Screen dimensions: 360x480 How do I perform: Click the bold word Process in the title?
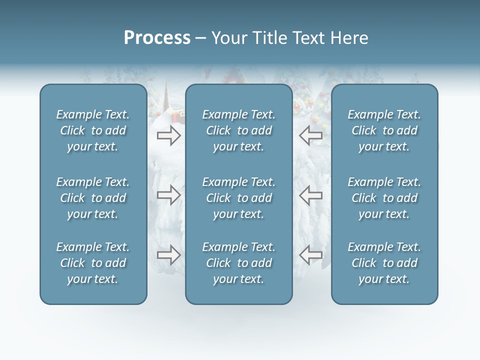[x=157, y=38]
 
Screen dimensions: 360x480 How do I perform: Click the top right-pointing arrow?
[x=168, y=135]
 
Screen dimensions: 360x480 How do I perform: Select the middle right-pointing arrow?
[x=168, y=195]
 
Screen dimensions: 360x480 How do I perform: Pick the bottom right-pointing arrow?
[x=168, y=255]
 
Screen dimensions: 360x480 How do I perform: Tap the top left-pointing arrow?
[x=310, y=135]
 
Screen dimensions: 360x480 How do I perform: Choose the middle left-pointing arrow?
[x=310, y=195]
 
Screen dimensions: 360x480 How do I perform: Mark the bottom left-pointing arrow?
[x=310, y=255]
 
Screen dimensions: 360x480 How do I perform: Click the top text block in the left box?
[x=93, y=130]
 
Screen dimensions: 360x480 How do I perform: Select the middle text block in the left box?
[x=93, y=198]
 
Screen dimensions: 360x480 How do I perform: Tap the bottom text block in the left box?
[x=93, y=263]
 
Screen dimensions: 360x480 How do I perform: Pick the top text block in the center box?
[x=238, y=130]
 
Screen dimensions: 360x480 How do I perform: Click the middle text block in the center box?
[x=238, y=198]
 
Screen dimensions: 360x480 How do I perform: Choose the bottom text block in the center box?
[x=238, y=263]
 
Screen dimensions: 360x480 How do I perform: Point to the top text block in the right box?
[x=384, y=130]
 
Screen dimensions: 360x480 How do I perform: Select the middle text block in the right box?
[x=384, y=198]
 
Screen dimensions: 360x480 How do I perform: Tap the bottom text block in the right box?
[x=384, y=263]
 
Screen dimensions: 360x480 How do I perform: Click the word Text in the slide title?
[x=310, y=38]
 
